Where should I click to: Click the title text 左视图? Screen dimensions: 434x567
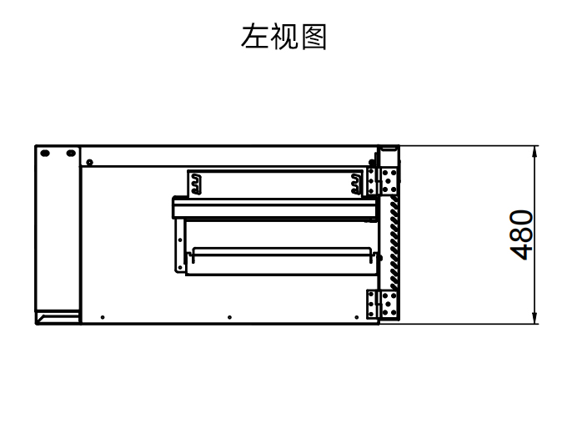click(283, 38)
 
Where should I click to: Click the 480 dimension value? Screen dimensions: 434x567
click(522, 235)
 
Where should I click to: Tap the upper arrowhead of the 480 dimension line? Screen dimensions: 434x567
click(534, 149)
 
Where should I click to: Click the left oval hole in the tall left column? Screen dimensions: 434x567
click(46, 154)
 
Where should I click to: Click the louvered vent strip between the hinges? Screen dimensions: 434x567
click(393, 241)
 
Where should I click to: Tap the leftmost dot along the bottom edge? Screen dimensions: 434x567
click(102, 317)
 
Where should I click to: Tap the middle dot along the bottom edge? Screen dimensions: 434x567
click(229, 317)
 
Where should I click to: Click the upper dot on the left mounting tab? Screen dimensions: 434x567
click(178, 240)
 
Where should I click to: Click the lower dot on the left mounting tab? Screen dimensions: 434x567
click(178, 266)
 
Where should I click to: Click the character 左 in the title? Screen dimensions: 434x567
click(254, 38)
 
